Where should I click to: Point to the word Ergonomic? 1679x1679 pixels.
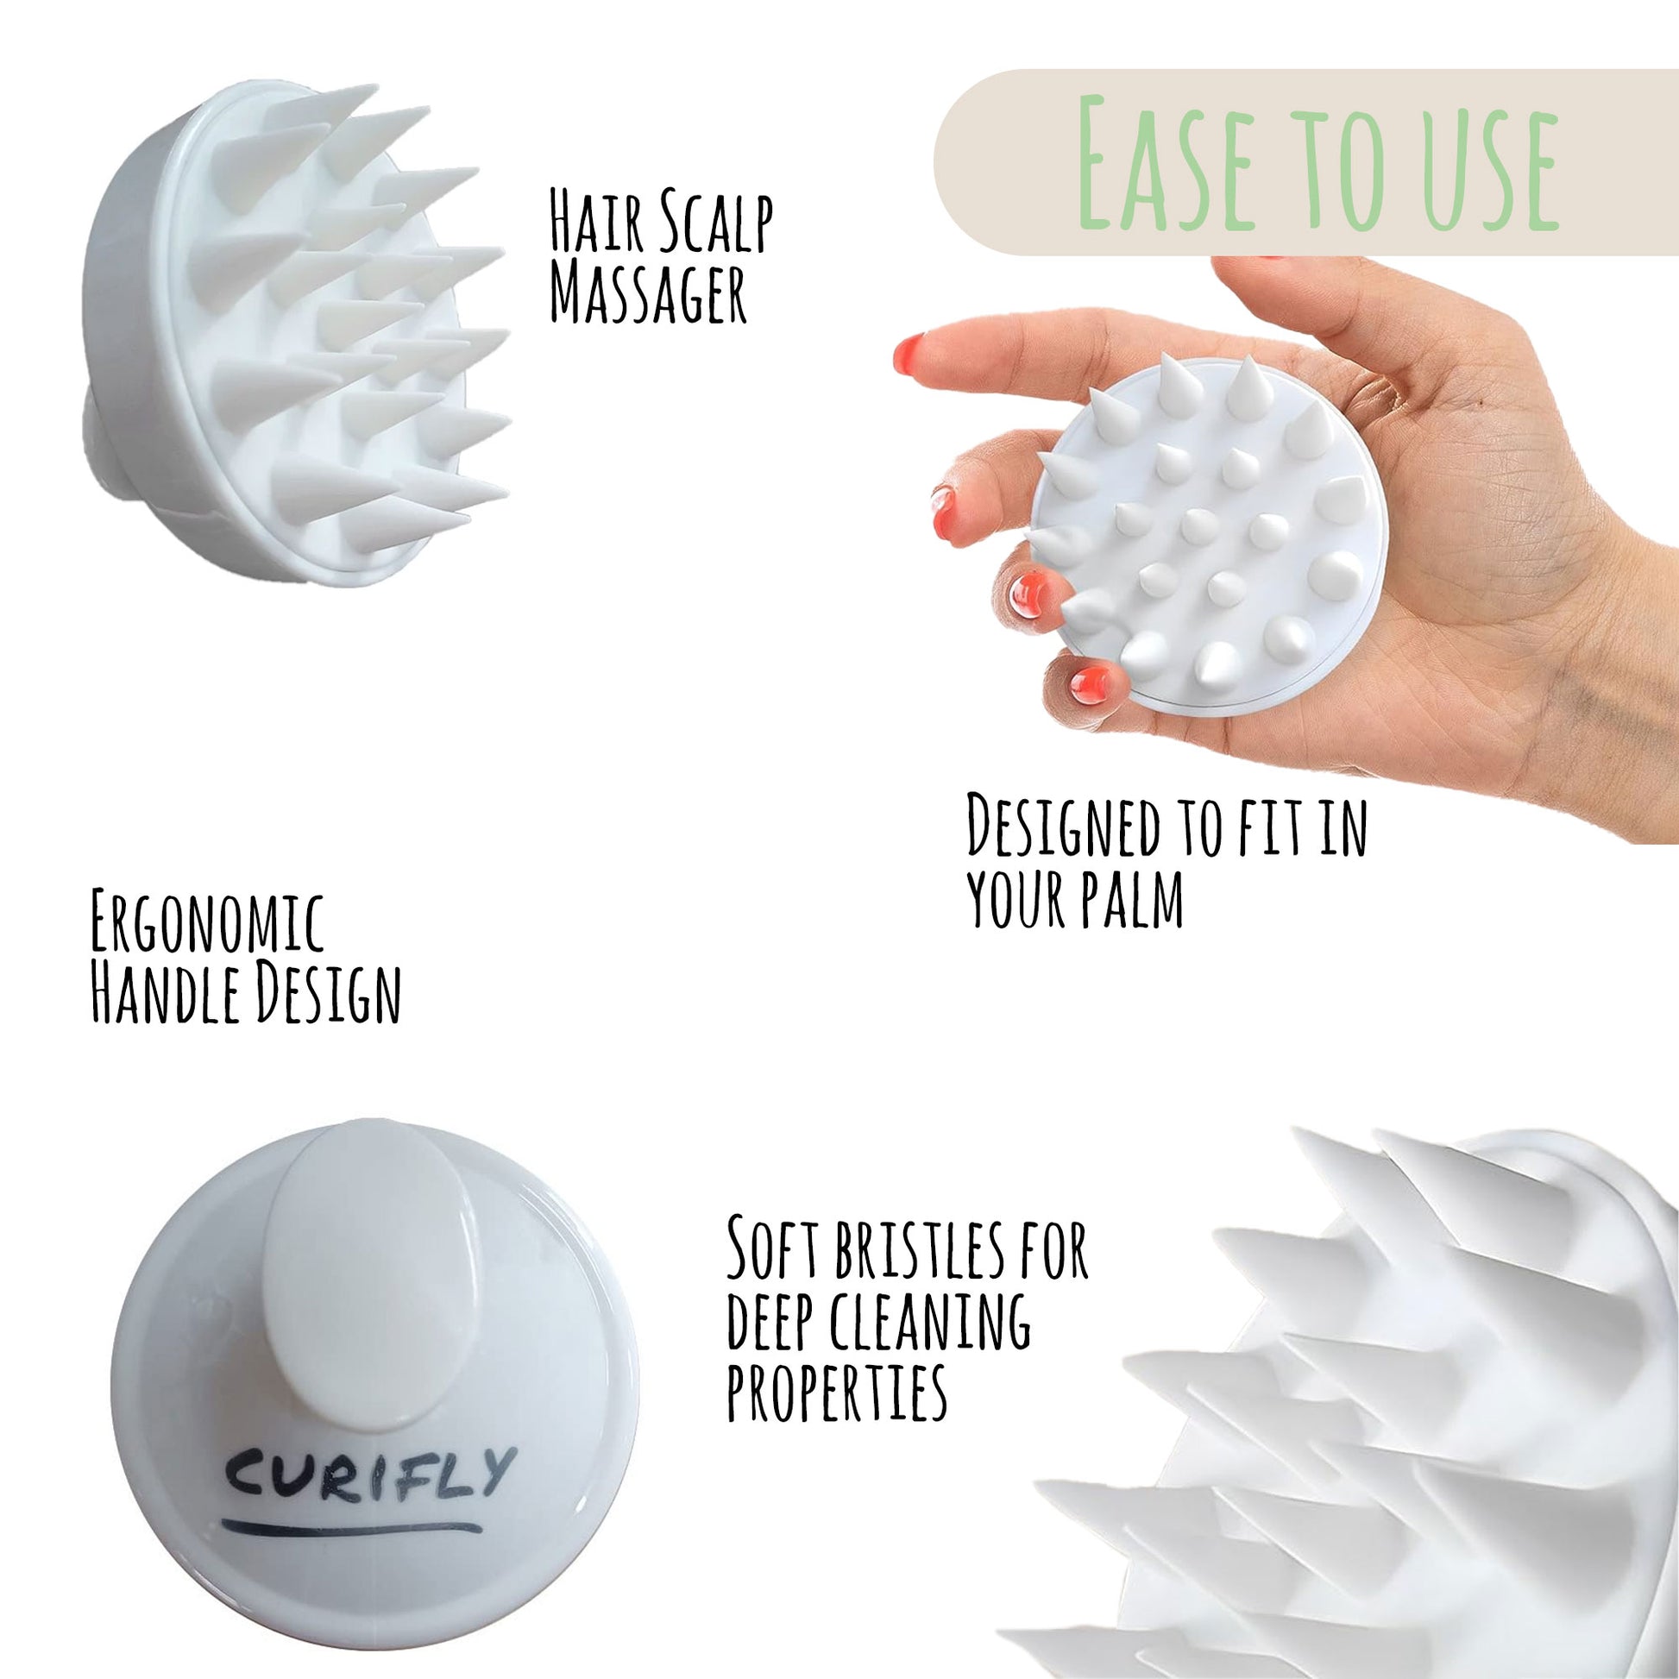click(x=207, y=923)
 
